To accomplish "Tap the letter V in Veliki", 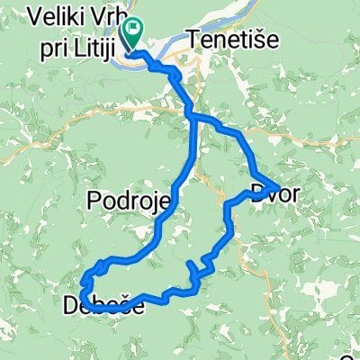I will point(34,15).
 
